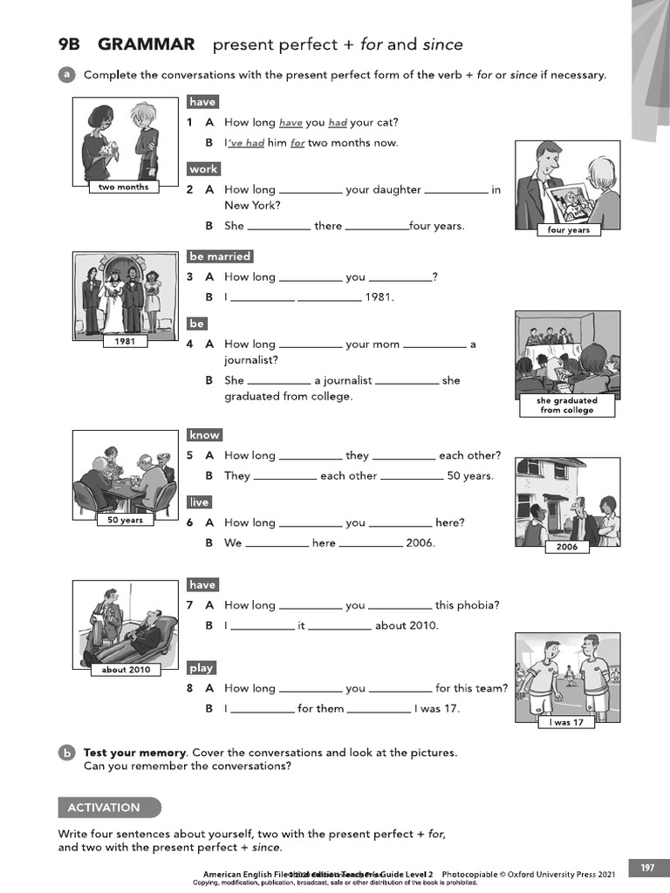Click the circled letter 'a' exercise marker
tap(66, 75)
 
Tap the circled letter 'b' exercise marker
tap(66, 752)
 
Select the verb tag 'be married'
tap(220, 256)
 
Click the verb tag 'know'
tap(204, 434)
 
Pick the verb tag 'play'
tap(202, 668)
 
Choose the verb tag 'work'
tap(203, 169)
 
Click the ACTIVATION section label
tap(104, 808)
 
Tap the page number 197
tap(647, 868)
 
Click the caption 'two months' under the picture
tap(123, 187)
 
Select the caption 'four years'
tap(568, 230)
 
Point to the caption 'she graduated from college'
tap(567, 406)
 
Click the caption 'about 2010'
tap(126, 670)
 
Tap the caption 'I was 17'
tap(567, 723)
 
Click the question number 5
tap(189, 455)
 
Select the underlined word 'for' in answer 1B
tap(297, 143)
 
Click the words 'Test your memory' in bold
tap(135, 753)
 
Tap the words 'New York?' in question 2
tap(252, 206)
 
